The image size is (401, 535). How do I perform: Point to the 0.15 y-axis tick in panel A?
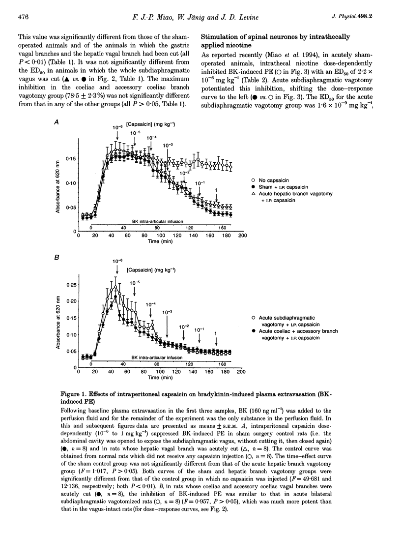(71, 159)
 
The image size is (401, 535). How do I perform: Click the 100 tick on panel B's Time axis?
(161, 372)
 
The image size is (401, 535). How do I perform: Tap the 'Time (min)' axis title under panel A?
(160, 242)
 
